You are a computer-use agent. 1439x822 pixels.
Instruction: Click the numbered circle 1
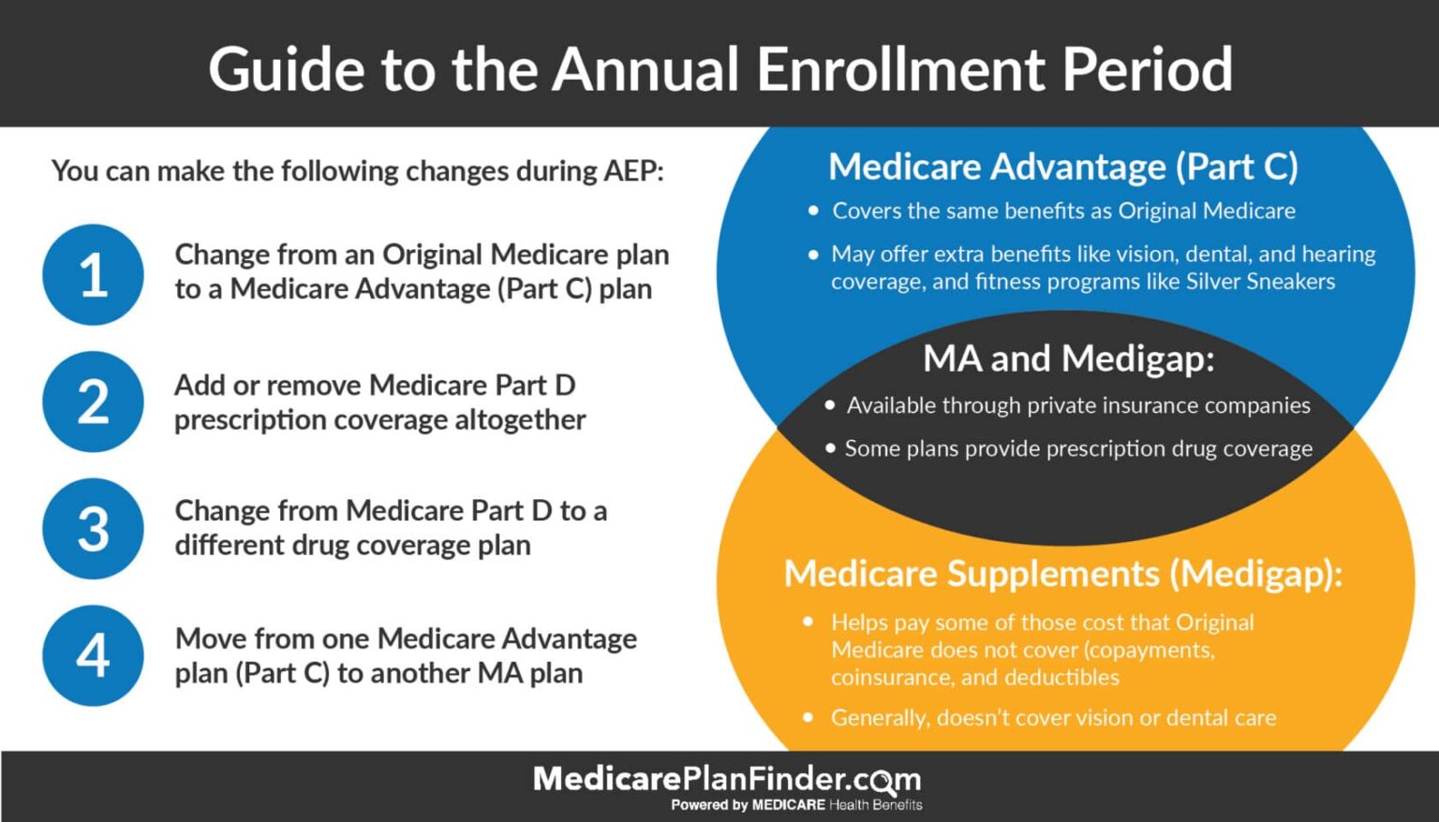tap(93, 274)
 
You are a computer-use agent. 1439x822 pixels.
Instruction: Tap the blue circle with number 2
tap(93, 402)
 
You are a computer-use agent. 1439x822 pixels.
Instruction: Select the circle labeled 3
tap(93, 529)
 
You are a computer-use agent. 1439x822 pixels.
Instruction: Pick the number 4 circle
tap(93, 655)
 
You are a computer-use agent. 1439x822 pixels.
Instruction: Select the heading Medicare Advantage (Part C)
tap(1063, 167)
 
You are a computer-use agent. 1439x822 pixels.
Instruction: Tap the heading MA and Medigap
tap(1068, 359)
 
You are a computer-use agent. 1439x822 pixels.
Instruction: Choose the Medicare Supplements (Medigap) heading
tap(1063, 573)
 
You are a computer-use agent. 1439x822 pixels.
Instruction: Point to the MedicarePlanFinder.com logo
tap(726, 779)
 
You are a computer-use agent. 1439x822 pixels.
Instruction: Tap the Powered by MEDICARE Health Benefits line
tap(796, 805)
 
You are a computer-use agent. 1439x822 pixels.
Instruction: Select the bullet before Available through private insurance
tap(830, 405)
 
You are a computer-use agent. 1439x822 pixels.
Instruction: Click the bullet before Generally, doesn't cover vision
tap(809, 718)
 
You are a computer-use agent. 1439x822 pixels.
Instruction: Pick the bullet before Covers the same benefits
tap(813, 212)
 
